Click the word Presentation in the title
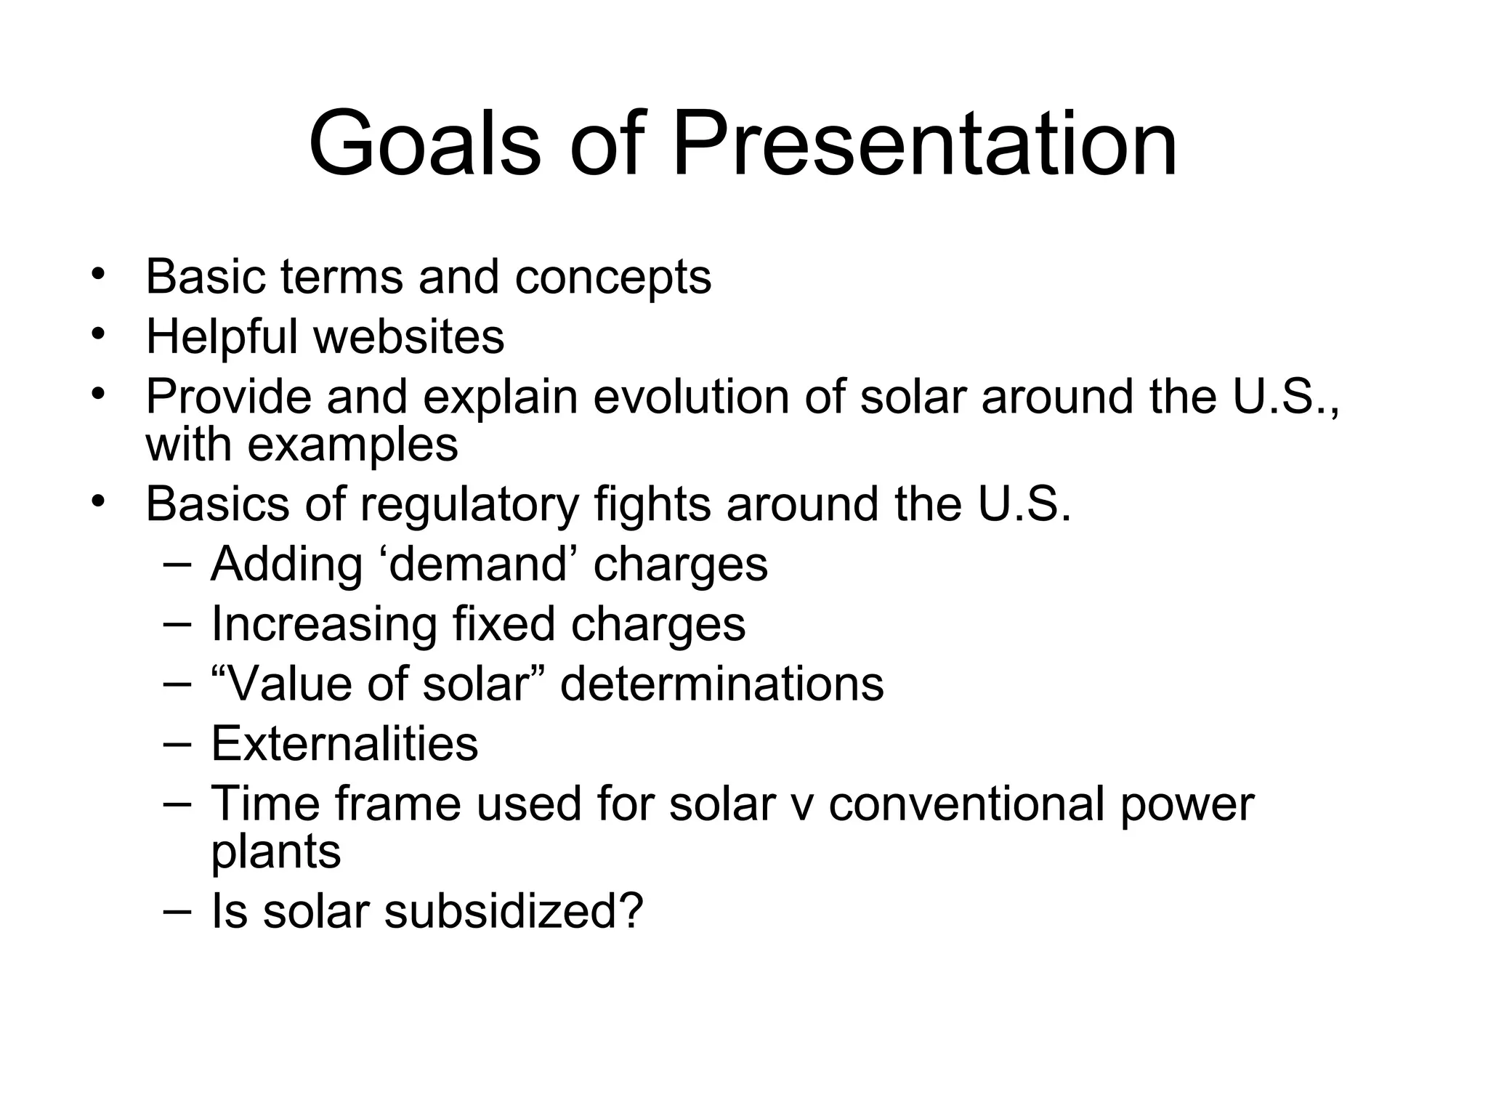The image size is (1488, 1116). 924,143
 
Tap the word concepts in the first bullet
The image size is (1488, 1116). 612,278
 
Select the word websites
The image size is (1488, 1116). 408,336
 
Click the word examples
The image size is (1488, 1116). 353,445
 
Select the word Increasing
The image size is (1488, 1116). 324,624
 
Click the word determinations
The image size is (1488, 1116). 722,684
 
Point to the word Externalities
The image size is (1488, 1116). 344,743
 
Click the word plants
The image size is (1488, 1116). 275,852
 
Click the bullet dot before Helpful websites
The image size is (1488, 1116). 98,335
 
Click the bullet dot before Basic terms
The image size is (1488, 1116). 98,275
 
